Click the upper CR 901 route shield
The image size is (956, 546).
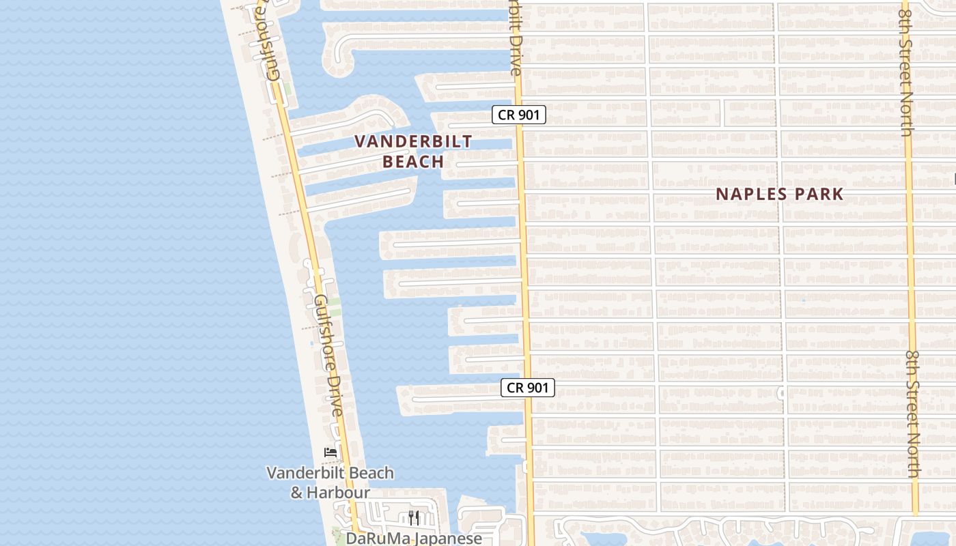[x=519, y=115]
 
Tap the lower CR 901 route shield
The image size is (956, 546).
[x=527, y=388]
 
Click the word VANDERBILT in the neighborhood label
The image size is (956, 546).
[x=413, y=142]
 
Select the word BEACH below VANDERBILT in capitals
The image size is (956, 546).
[x=413, y=162]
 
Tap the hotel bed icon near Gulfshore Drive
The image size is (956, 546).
[x=331, y=452]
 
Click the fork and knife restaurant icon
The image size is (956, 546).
[x=413, y=517]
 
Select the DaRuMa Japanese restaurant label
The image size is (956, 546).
[x=414, y=538]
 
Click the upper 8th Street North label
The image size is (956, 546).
[x=906, y=68]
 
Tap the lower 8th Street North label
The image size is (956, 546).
[x=914, y=414]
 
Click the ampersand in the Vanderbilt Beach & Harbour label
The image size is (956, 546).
[x=297, y=492]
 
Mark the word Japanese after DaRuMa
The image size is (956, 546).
[x=449, y=538]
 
